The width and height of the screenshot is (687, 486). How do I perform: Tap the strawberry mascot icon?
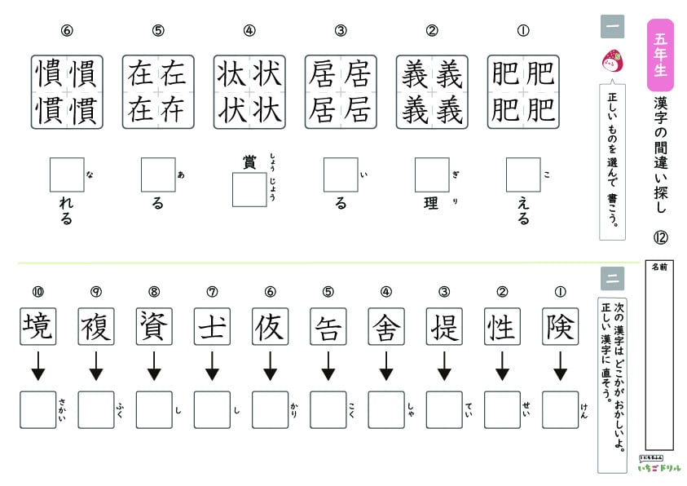(x=611, y=60)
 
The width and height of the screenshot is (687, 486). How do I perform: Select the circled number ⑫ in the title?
(x=660, y=238)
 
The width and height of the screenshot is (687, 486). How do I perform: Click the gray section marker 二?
(x=612, y=279)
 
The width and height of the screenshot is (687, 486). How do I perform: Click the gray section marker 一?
(x=612, y=28)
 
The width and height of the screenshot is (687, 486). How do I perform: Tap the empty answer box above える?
(x=523, y=175)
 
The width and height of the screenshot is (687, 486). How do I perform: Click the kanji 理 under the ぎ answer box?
(x=432, y=204)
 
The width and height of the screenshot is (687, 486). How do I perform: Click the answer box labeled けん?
(x=560, y=409)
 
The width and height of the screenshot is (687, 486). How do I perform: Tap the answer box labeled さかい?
(x=37, y=409)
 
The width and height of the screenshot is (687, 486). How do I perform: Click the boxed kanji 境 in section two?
(x=37, y=327)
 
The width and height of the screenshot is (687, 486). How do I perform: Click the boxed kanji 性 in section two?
(x=502, y=327)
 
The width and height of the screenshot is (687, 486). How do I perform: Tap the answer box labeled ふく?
(x=96, y=409)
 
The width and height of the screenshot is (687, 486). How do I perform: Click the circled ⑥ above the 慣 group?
(x=67, y=32)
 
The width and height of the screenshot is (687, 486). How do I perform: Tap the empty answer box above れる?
(x=67, y=175)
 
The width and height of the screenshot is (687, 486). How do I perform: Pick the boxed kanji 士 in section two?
(x=212, y=327)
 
